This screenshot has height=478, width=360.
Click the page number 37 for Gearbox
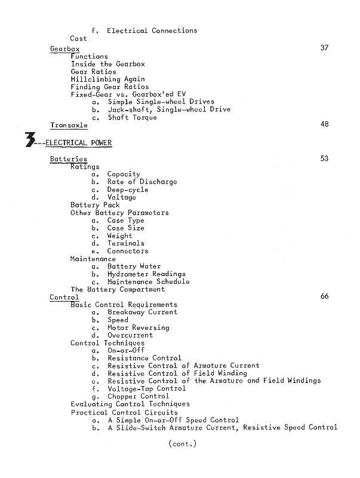pyautogui.click(x=324, y=48)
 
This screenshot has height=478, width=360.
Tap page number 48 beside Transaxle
pyautogui.click(x=324, y=125)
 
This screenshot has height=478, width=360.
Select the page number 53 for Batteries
pyautogui.click(x=324, y=159)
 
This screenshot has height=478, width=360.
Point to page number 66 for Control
pyautogui.click(x=324, y=296)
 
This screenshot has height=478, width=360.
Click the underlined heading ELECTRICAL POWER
pyautogui.click(x=78, y=143)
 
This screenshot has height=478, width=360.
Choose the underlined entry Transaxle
pyautogui.click(x=69, y=125)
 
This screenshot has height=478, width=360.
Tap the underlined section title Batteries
pyautogui.click(x=68, y=160)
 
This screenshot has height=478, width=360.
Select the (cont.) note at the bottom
pyautogui.click(x=182, y=443)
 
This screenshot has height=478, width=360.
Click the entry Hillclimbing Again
pyautogui.click(x=107, y=79)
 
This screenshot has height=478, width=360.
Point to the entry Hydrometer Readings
pyautogui.click(x=146, y=274)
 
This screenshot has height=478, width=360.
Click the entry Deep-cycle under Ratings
pyautogui.click(x=128, y=190)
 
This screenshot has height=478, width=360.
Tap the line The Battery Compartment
pyautogui.click(x=118, y=289)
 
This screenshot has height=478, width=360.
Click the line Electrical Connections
pyautogui.click(x=152, y=30)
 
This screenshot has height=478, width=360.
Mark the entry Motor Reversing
pyautogui.click(x=138, y=327)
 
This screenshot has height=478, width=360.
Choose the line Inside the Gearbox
pyautogui.click(x=107, y=64)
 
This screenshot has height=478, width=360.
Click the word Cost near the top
pyautogui.click(x=78, y=38)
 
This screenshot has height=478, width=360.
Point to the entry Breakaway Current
pyautogui.click(x=142, y=312)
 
